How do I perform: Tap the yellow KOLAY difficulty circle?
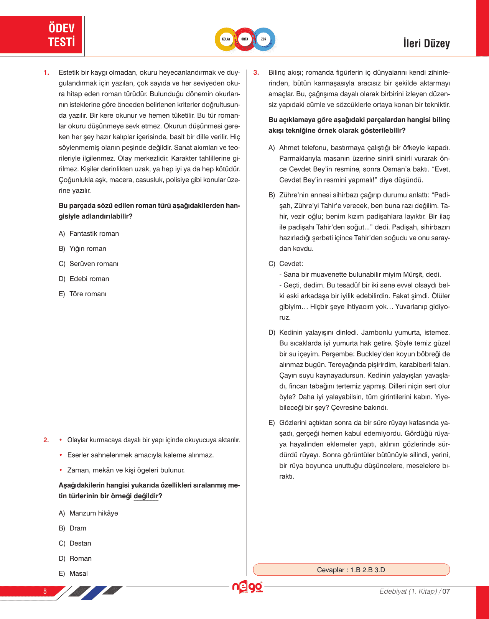click(x=226, y=39)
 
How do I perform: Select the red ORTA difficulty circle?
click(x=245, y=39)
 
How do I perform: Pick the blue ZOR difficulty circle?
click(x=264, y=39)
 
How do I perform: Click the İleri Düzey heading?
click(x=426, y=43)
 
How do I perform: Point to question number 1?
click(x=46, y=72)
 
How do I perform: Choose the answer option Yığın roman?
click(x=87, y=249)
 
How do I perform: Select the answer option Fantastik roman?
click(x=94, y=234)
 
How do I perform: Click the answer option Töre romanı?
click(x=87, y=294)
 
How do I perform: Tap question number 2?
click(x=46, y=440)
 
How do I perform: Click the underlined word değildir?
click(x=146, y=496)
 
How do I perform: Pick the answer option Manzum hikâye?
click(x=94, y=513)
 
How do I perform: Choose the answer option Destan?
click(x=80, y=543)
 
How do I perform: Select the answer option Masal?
click(x=79, y=574)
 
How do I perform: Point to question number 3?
click(x=256, y=72)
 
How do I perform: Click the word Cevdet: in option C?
click(x=291, y=264)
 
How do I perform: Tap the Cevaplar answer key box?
click(x=351, y=570)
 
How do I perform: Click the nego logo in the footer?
click(x=247, y=587)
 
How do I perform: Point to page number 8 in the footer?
click(x=45, y=591)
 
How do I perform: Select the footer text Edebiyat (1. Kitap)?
click(x=408, y=591)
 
